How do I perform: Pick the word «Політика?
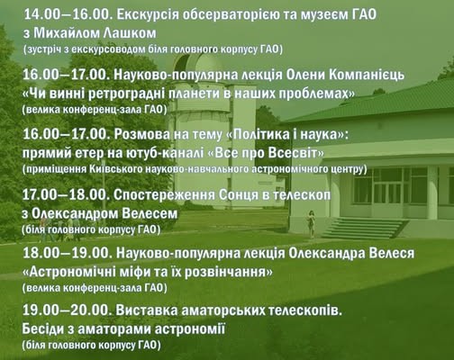[258, 134]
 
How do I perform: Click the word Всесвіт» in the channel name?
[296, 153]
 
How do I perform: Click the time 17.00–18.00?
[65, 195]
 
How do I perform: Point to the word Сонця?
[240, 195]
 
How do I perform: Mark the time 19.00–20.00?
[66, 310]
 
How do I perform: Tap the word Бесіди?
[43, 329]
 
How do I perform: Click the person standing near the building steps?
[311, 224]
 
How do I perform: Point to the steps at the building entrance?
[364, 229]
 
